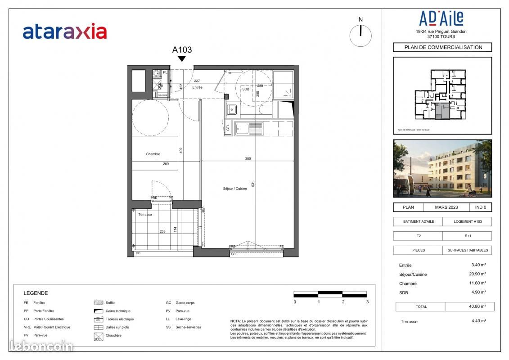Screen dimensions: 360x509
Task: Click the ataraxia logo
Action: pos(65,31)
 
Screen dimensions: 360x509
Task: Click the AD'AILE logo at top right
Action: pos(441,19)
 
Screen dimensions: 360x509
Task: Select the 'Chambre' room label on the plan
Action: pos(153,154)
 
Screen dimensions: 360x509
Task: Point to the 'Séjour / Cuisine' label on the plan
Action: pos(235,189)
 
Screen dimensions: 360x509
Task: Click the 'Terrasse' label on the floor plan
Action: pos(145,215)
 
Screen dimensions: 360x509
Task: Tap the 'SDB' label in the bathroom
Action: pos(246,89)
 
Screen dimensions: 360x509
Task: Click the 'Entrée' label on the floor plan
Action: pos(198,87)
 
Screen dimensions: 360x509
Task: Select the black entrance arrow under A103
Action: pos(182,58)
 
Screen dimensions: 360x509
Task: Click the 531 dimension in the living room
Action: pos(253,184)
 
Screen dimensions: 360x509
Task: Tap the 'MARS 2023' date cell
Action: pos(446,207)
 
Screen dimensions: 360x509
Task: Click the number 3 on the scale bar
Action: pos(368,302)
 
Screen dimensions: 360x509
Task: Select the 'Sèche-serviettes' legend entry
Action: pos(188,327)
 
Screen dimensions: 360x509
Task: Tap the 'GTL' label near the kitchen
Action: pos(228,128)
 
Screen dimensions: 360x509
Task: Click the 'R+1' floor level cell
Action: pos(467,236)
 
